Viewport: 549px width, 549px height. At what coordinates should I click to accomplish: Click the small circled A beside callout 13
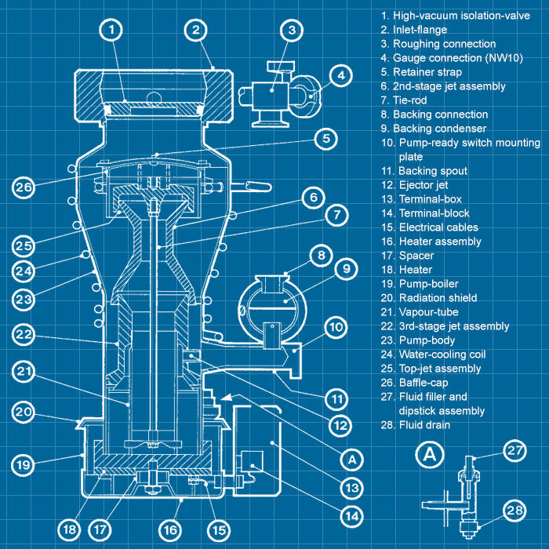(x=353, y=458)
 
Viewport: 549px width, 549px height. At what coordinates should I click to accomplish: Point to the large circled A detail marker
(x=429, y=454)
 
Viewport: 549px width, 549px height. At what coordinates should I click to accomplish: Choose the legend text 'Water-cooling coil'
(x=442, y=354)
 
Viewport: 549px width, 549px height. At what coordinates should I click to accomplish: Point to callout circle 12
(x=337, y=426)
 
